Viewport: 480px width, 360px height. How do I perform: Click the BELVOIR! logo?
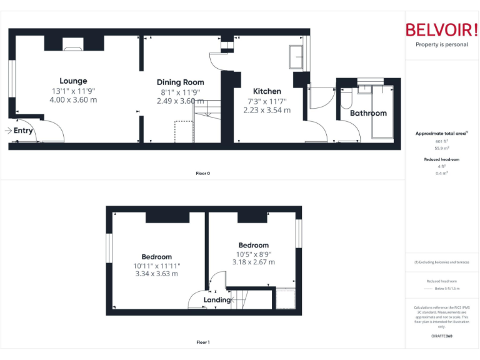click(x=441, y=30)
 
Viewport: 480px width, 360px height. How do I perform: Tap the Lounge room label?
click(x=74, y=81)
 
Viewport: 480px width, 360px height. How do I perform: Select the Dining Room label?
click(x=180, y=82)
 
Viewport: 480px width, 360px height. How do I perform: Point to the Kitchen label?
click(x=267, y=91)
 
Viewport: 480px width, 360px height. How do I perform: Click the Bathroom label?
click(x=368, y=113)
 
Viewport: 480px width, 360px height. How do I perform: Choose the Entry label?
click(x=23, y=131)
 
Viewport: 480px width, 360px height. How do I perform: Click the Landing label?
click(x=217, y=300)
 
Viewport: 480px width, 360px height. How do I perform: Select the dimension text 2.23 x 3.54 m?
click(x=267, y=110)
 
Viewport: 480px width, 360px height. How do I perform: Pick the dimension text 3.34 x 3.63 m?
click(x=156, y=273)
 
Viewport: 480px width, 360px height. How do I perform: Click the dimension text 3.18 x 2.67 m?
click(x=253, y=262)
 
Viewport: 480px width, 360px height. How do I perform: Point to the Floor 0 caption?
click(x=202, y=173)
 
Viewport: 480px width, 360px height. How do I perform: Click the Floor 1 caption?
click(x=202, y=342)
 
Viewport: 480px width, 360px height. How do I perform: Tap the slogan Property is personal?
click(x=441, y=44)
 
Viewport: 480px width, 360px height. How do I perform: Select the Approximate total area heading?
click(x=441, y=133)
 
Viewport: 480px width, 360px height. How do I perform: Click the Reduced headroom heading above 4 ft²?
click(x=441, y=159)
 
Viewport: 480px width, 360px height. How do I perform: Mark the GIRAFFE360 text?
click(x=441, y=336)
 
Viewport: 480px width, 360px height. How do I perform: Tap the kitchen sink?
click(x=296, y=57)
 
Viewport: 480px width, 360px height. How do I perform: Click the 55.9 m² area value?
click(x=441, y=147)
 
